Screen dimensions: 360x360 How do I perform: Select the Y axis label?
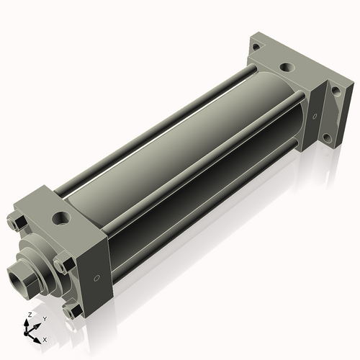pos(44,318)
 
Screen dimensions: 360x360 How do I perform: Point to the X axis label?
pos(45,338)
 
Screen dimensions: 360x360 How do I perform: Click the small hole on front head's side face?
pos(96,278)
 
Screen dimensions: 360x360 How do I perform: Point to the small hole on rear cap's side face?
pos(315,114)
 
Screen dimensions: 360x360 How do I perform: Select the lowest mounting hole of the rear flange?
pos(327,137)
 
